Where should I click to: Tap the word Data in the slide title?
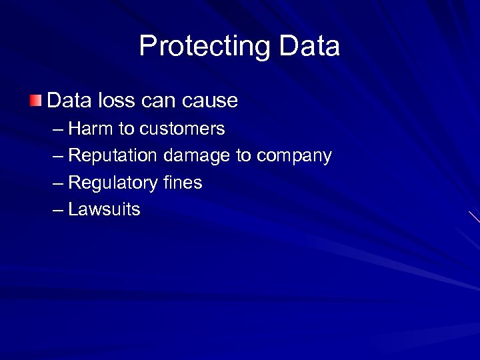coord(309,46)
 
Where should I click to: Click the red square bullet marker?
coord(35,101)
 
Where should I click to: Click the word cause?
coord(209,101)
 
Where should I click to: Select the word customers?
coord(182,128)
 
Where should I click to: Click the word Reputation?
coord(113,155)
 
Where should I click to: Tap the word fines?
coord(182,183)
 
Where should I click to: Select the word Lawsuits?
coord(104,209)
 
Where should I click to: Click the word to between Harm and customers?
coord(126,128)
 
